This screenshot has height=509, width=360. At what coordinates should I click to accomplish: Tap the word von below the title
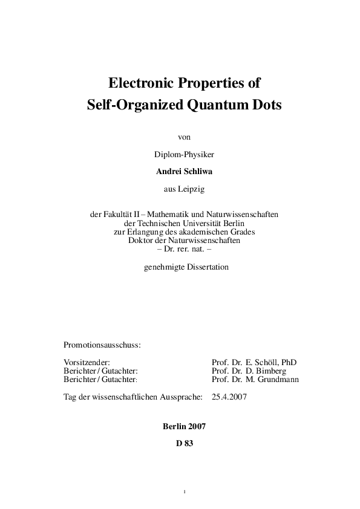click(185, 137)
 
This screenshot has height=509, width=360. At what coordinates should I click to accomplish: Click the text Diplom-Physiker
click(185, 155)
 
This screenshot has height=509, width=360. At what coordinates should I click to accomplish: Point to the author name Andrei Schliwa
click(185, 172)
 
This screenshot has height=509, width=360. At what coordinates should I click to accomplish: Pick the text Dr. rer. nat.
click(185, 248)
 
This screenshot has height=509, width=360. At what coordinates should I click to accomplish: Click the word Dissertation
click(206, 267)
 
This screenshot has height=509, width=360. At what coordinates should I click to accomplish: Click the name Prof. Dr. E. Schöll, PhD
click(254, 362)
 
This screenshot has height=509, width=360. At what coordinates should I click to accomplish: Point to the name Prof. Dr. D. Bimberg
click(249, 371)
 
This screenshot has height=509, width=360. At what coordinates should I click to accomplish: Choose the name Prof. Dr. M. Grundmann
click(255, 380)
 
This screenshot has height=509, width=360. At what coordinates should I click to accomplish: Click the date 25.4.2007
click(230, 397)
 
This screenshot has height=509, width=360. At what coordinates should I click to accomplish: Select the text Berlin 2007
click(185, 426)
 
